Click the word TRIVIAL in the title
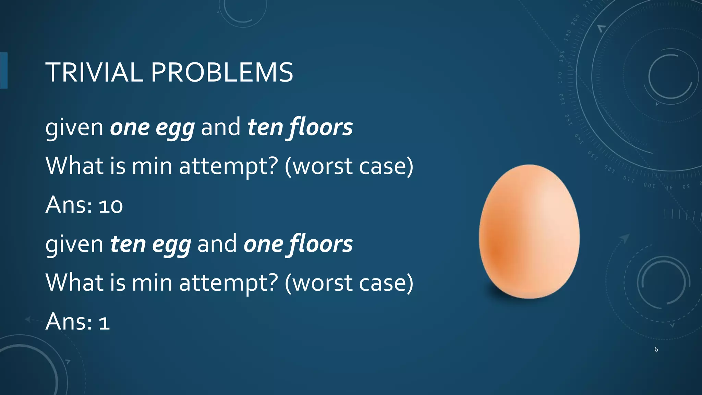coord(94,73)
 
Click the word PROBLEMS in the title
coord(222,73)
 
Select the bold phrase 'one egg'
coord(152,128)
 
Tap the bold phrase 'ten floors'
coord(300,128)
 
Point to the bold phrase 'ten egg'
coord(150,244)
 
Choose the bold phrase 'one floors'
coord(298,244)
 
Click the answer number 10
coord(111,206)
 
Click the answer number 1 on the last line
coord(104,323)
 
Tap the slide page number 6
coord(656,349)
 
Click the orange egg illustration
coord(529,232)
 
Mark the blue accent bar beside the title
coord(4,71)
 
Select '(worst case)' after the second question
coord(349,284)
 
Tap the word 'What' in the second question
coord(74,283)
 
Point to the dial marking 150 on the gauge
coord(568,120)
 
